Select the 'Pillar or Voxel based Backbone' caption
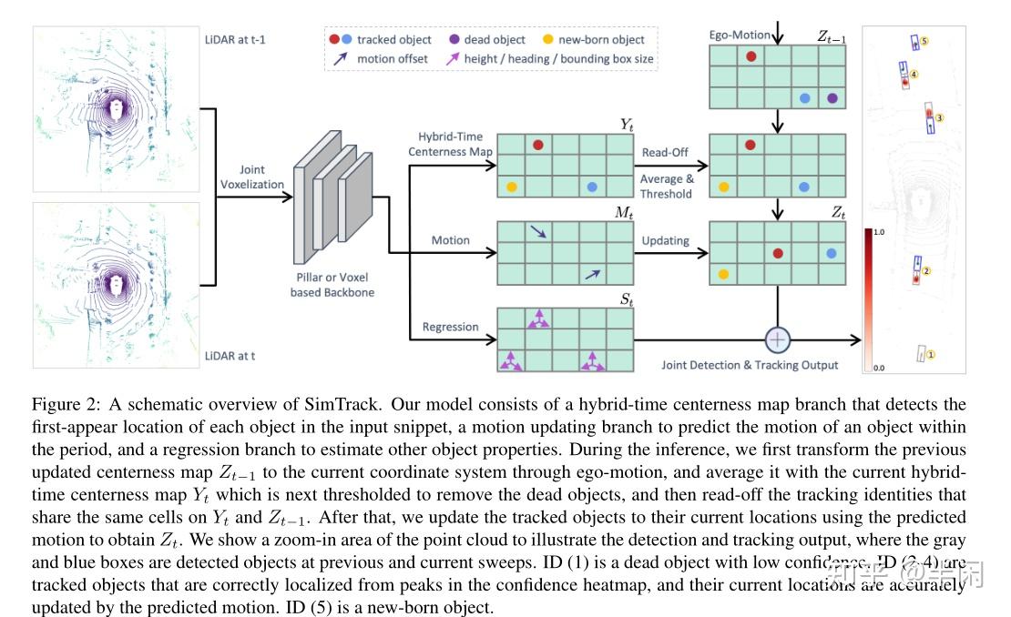332,285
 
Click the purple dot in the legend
454,39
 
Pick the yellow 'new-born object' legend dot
547,39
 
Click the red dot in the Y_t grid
538,145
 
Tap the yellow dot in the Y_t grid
511,187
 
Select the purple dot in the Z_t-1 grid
832,98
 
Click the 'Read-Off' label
666,152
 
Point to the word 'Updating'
667,240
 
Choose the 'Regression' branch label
450,327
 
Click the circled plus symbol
777,340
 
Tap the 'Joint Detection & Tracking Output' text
750,365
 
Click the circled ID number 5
924,41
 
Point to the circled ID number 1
932,354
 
